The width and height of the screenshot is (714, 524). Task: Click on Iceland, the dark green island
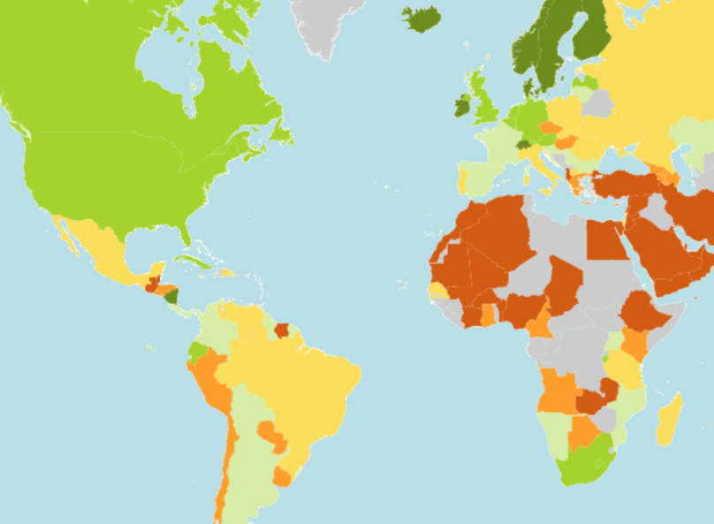click(422, 18)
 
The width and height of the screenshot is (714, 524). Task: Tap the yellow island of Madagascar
click(669, 420)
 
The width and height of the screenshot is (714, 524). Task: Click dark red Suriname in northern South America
click(282, 331)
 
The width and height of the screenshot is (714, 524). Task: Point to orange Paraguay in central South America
click(271, 436)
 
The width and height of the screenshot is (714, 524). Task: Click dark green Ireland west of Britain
click(462, 106)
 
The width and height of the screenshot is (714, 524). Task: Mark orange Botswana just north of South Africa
click(582, 433)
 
